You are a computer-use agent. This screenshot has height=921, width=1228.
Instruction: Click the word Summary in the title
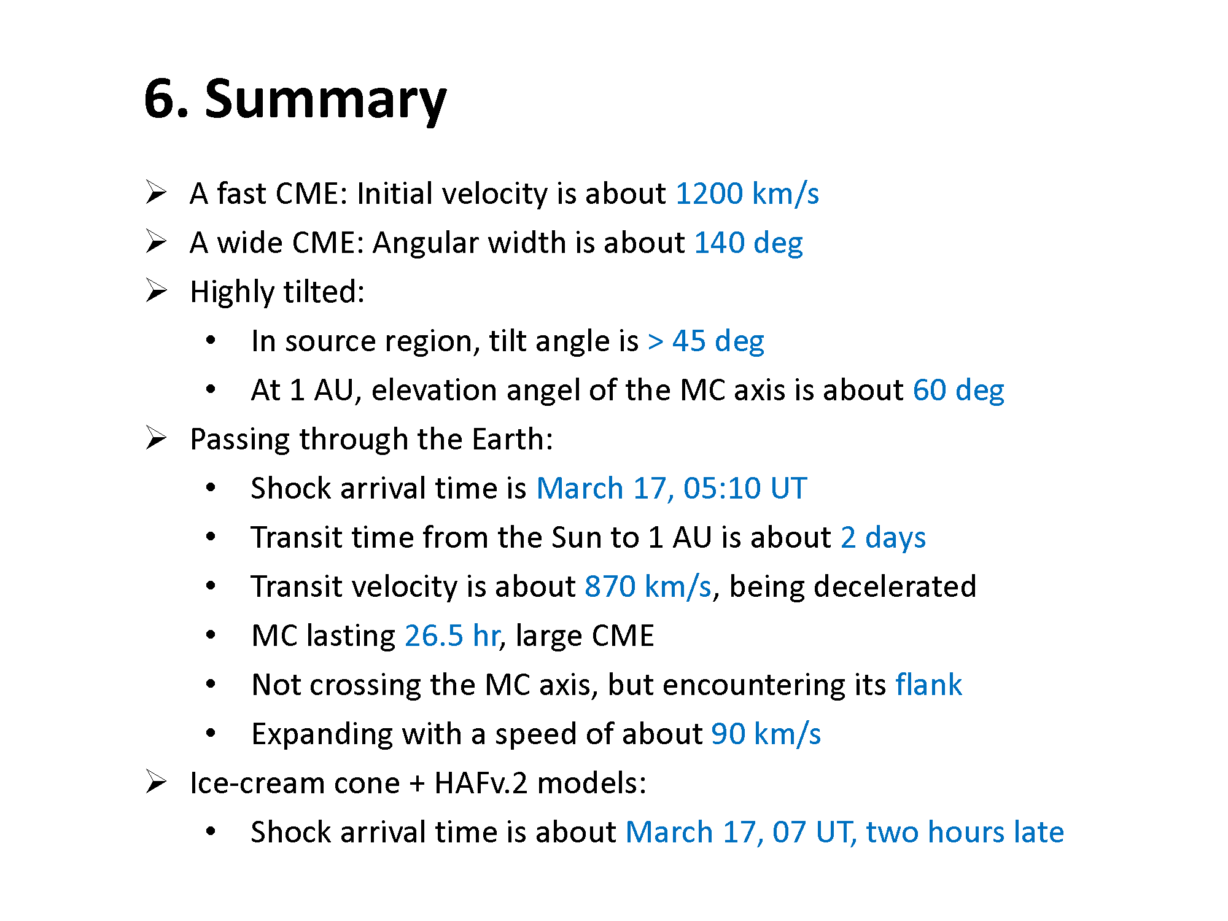[x=325, y=101]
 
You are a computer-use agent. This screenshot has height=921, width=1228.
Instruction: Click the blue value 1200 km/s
[x=747, y=193]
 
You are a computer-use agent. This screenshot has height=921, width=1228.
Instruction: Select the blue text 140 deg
[x=748, y=243]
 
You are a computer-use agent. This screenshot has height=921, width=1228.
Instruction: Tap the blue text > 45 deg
[x=706, y=341]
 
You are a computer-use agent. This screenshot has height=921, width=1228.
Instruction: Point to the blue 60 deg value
[x=958, y=390]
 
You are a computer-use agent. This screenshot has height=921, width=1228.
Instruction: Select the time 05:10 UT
[x=745, y=488]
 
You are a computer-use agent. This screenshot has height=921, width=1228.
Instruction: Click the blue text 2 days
[x=883, y=538]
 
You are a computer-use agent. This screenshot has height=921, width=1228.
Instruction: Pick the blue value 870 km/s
[x=648, y=586]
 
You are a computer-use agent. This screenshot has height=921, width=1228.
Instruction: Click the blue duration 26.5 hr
[x=453, y=635]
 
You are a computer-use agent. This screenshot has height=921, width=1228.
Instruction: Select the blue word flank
[x=928, y=685]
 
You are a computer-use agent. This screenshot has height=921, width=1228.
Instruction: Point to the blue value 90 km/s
[x=766, y=734]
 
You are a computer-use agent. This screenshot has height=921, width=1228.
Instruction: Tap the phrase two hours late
[x=965, y=832]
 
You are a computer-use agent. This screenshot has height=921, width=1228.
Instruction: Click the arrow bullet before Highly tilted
[x=156, y=290]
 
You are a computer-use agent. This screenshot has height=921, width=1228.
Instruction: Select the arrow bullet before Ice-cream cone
[x=156, y=782]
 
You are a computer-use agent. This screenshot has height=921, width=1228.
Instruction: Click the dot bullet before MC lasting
[x=211, y=635]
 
